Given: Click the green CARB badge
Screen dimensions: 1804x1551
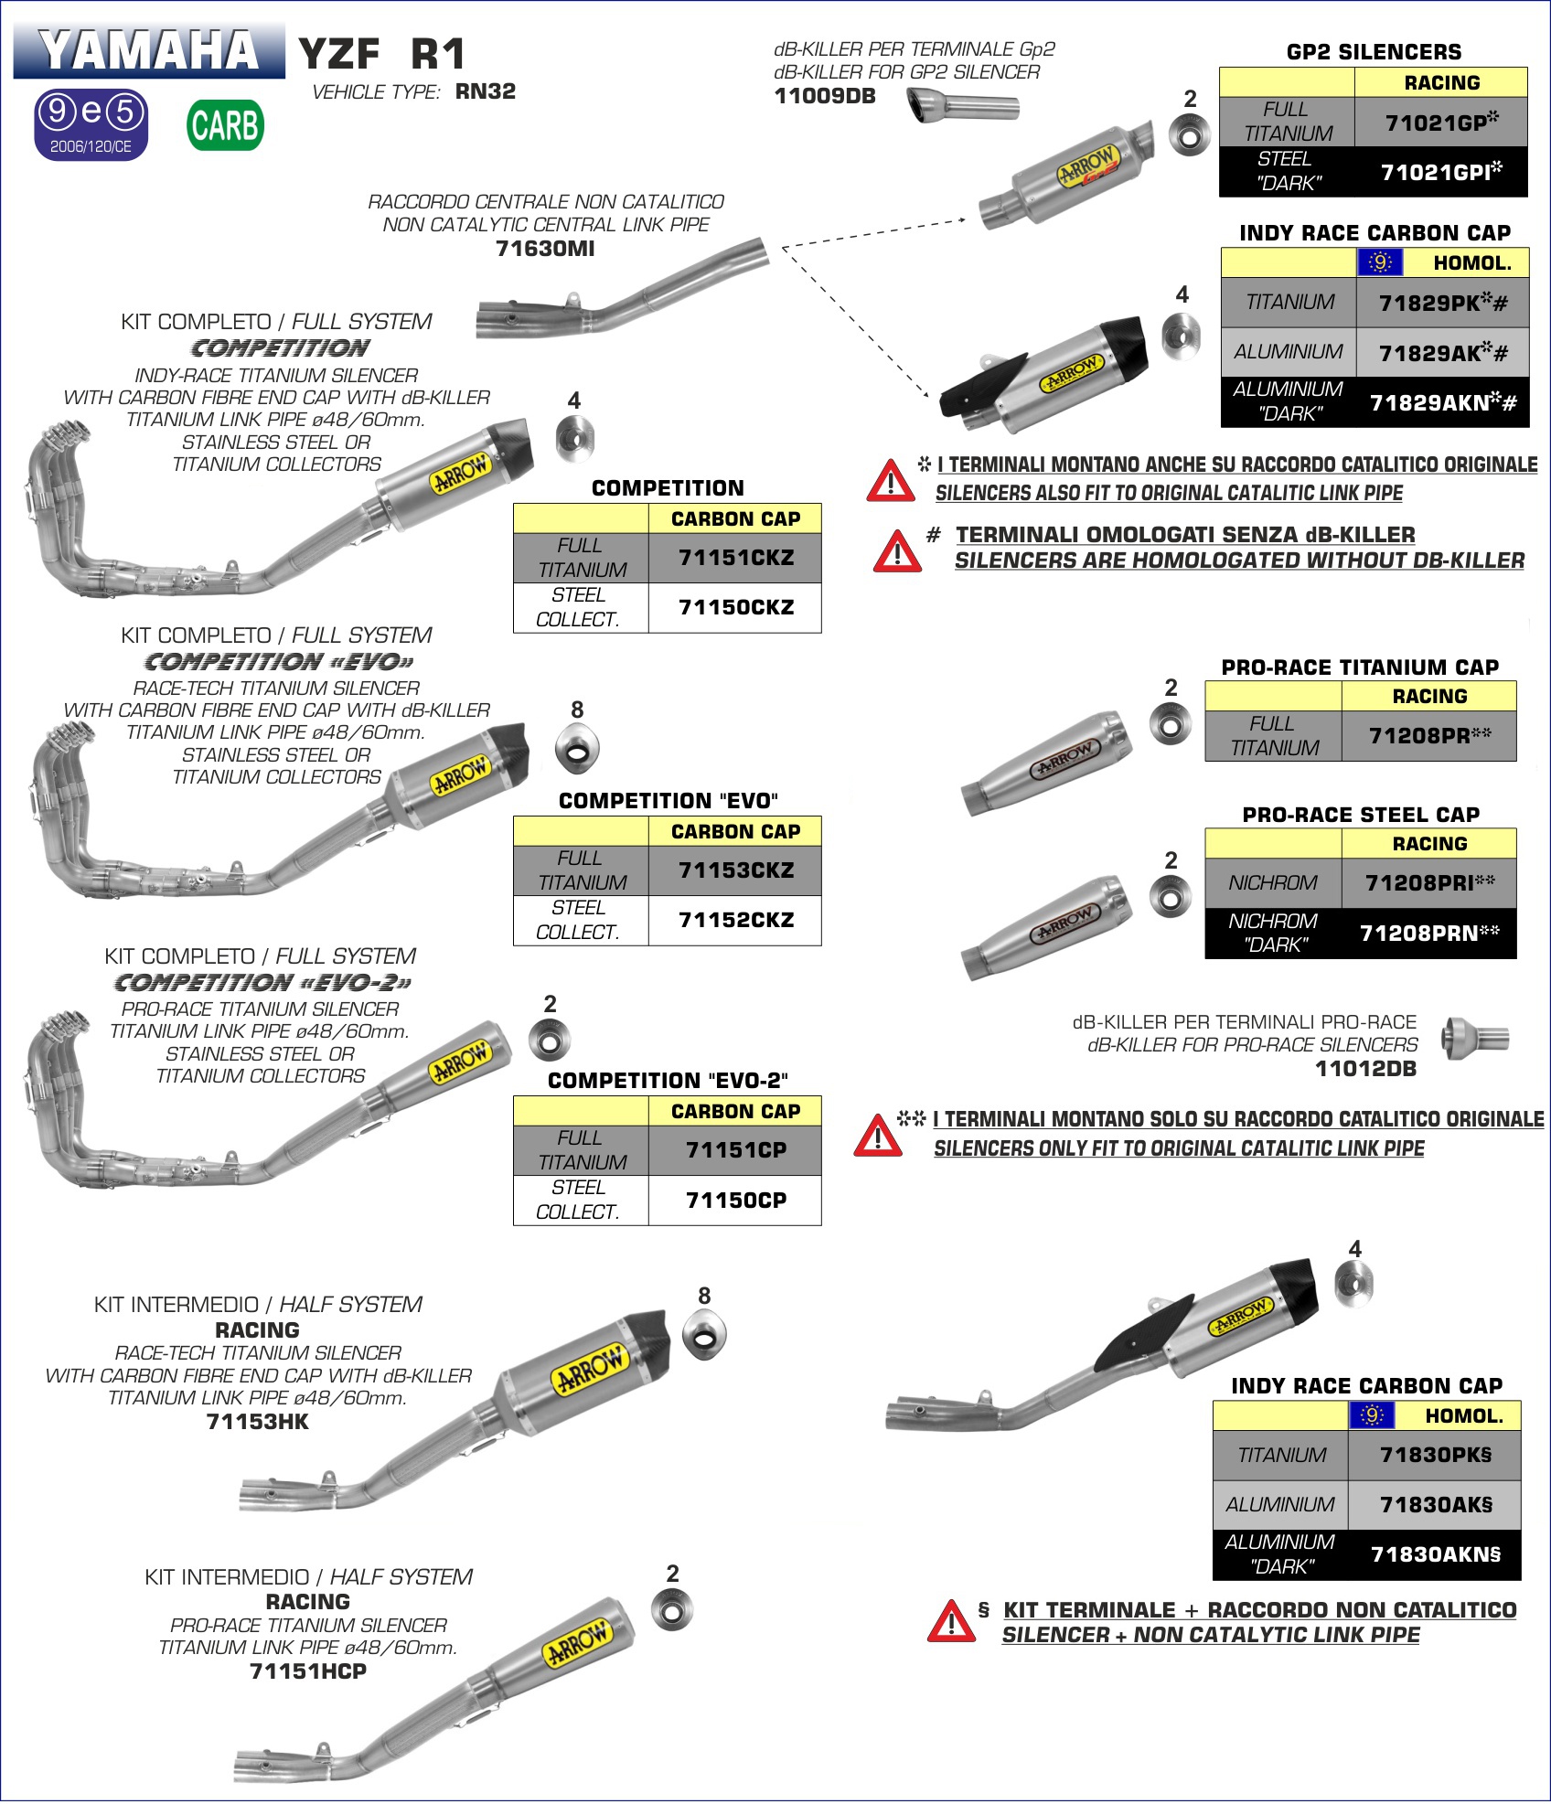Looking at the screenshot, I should pyautogui.click(x=226, y=125).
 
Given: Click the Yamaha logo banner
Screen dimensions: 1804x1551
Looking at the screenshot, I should pyautogui.click(x=149, y=50).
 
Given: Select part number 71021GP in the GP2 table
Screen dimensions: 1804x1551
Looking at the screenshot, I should pyautogui.click(x=1440, y=122).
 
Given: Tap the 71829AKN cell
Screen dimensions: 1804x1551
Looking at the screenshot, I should pyautogui.click(x=1442, y=402).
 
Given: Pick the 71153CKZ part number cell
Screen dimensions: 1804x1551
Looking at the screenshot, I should pyautogui.click(x=735, y=870).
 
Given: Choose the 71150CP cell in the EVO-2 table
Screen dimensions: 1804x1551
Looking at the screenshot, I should pyautogui.click(x=735, y=1200).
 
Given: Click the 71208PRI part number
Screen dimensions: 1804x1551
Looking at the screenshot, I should pyautogui.click(x=1428, y=882).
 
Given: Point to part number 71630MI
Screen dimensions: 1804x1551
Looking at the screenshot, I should pyautogui.click(x=545, y=249).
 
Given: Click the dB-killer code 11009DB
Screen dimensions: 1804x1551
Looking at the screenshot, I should pyautogui.click(x=825, y=96).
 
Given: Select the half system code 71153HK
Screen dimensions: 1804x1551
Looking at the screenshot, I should pyautogui.click(x=258, y=1422).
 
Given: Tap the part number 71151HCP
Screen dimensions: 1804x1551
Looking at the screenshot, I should pyautogui.click(x=308, y=1671).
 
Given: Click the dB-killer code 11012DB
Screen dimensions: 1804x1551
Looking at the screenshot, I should pyautogui.click(x=1365, y=1068).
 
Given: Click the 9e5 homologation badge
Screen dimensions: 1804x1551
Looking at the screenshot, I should pyautogui.click(x=91, y=124).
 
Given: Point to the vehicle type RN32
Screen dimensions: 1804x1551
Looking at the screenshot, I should pyautogui.click(x=486, y=91).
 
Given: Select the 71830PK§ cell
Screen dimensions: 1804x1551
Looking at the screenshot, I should pyautogui.click(x=1435, y=1455).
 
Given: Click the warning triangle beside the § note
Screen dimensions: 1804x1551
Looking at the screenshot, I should pyautogui.click(x=951, y=1622).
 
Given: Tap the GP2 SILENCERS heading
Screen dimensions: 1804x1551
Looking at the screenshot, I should pyautogui.click(x=1374, y=52).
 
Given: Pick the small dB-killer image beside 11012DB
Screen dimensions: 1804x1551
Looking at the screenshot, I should pyautogui.click(x=1474, y=1039).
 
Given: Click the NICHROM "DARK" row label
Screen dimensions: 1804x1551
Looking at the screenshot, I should pyautogui.click(x=1273, y=933).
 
